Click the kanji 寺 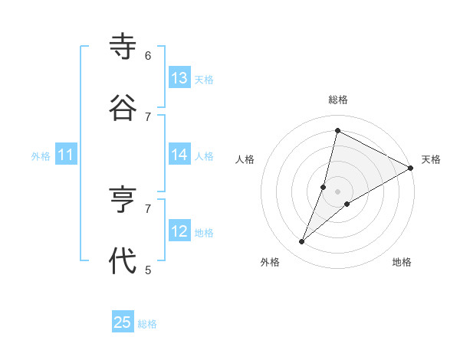pos(123,47)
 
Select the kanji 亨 pos(123,201)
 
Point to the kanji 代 pos(123,261)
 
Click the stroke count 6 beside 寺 pos(148,55)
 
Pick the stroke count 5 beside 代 pos(148,270)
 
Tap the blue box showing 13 pos(179,78)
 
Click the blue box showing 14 pos(179,155)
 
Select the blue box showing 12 pos(179,231)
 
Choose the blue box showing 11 pos(66,155)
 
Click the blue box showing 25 pos(123,322)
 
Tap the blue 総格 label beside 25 pos(147,324)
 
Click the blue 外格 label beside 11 pos(41,156)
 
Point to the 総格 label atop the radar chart pos(338,100)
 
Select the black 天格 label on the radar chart pos(431,159)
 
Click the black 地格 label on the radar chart pos(402,262)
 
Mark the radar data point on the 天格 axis pos(410,168)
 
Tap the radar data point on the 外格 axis pos(301,242)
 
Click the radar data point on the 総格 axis pos(337,130)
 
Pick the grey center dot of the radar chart pos(337,191)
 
